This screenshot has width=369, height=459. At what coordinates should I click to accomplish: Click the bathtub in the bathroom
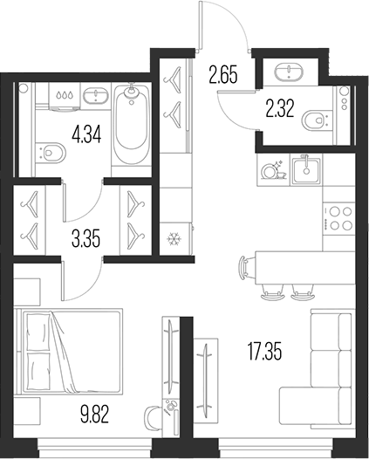pyautogui.click(x=131, y=127)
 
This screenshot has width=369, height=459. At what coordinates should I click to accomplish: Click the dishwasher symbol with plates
pyautogui.click(x=273, y=169)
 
